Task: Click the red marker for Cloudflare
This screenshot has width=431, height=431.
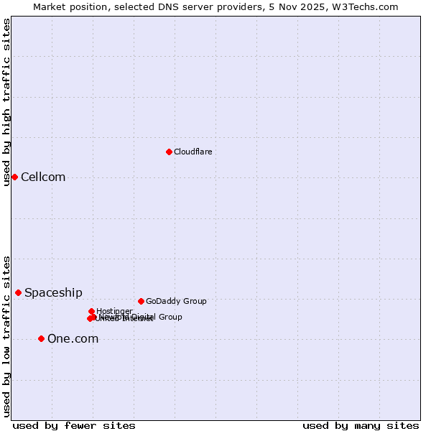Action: [x=169, y=152]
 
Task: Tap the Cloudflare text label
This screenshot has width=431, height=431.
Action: [x=193, y=152]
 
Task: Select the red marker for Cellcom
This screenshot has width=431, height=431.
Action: [x=14, y=177]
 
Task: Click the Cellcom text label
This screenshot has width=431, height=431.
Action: [x=43, y=177]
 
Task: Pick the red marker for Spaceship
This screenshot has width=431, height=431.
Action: [x=18, y=292]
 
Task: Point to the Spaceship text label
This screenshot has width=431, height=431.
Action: [x=53, y=293]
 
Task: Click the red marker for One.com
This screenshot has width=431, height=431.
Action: [x=41, y=338]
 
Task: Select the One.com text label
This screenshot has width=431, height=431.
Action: [x=73, y=339]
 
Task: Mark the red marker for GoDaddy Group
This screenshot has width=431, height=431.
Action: [x=141, y=301]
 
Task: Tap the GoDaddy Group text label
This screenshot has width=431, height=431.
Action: [x=176, y=301]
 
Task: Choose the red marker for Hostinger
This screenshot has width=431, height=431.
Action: [x=91, y=311]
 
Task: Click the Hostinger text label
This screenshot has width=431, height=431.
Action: [x=114, y=311]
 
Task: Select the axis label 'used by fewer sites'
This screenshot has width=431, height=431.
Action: [x=74, y=425]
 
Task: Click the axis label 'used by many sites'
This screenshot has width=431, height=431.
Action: [x=361, y=425]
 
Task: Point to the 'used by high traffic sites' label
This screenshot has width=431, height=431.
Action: [x=6, y=102]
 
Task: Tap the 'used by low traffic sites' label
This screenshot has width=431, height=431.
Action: [x=6, y=336]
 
